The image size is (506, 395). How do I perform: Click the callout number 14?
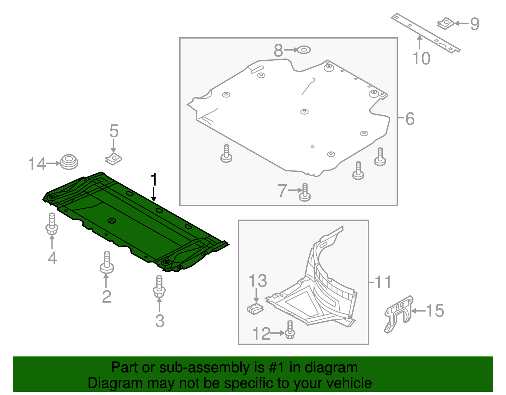(37, 164)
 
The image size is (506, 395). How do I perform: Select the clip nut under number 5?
(113, 159)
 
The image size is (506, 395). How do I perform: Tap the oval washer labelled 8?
(304, 50)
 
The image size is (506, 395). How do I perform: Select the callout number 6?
(410, 119)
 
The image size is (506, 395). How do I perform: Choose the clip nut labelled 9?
(446, 23)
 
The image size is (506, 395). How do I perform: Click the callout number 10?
(422, 59)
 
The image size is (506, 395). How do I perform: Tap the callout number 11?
(383, 282)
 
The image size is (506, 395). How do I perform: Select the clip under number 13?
(255, 309)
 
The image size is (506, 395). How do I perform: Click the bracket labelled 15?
(398, 313)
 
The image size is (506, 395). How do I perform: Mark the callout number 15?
(435, 311)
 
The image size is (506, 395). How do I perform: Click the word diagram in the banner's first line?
(331, 367)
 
